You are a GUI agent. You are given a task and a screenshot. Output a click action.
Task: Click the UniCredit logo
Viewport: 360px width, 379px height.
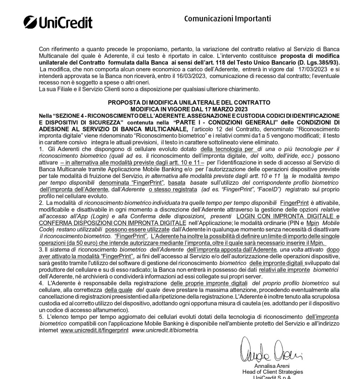point(58,23)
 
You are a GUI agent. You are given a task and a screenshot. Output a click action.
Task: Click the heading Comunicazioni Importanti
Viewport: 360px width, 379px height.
point(227,19)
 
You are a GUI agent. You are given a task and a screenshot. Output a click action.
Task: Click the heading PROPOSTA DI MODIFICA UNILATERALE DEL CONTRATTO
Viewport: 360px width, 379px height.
point(189,103)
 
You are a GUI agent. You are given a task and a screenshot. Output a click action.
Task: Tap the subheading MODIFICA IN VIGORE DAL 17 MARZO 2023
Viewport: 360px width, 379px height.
point(189,109)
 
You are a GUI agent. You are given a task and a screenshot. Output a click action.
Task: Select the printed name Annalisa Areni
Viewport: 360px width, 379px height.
point(273,366)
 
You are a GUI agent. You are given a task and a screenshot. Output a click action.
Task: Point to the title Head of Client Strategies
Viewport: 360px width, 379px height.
point(273,372)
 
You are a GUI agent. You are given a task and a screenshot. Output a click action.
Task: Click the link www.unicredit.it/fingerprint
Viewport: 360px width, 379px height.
point(94,330)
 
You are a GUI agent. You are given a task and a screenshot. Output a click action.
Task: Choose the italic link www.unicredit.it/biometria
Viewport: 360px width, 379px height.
point(165,330)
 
